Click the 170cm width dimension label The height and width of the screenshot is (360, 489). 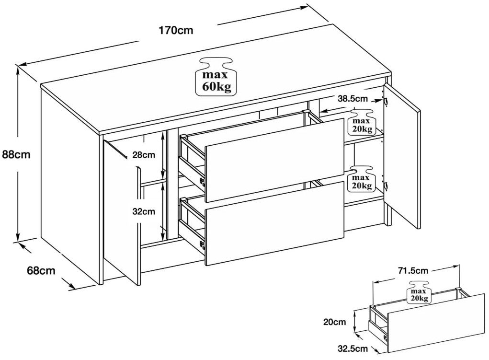coord(176,31)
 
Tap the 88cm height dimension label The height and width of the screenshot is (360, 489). coord(17,154)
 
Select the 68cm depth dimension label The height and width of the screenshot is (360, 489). coord(41,270)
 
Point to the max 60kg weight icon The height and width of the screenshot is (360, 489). coord(216,78)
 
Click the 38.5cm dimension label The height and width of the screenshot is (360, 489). coord(353,100)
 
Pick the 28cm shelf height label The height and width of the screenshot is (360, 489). coord(144,155)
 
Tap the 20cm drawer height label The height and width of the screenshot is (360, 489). coord(334,322)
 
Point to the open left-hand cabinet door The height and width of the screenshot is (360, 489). coord(122,211)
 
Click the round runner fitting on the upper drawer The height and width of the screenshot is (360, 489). coord(202,181)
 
